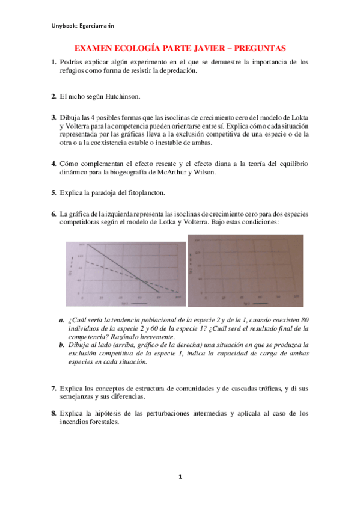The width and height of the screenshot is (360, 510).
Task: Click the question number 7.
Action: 53,388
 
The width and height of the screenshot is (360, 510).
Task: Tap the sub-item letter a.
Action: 62,320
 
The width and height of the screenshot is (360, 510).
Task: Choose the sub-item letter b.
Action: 62,345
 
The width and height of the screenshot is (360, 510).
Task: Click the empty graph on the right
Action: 245,271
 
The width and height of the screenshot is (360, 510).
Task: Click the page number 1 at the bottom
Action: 180,477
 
